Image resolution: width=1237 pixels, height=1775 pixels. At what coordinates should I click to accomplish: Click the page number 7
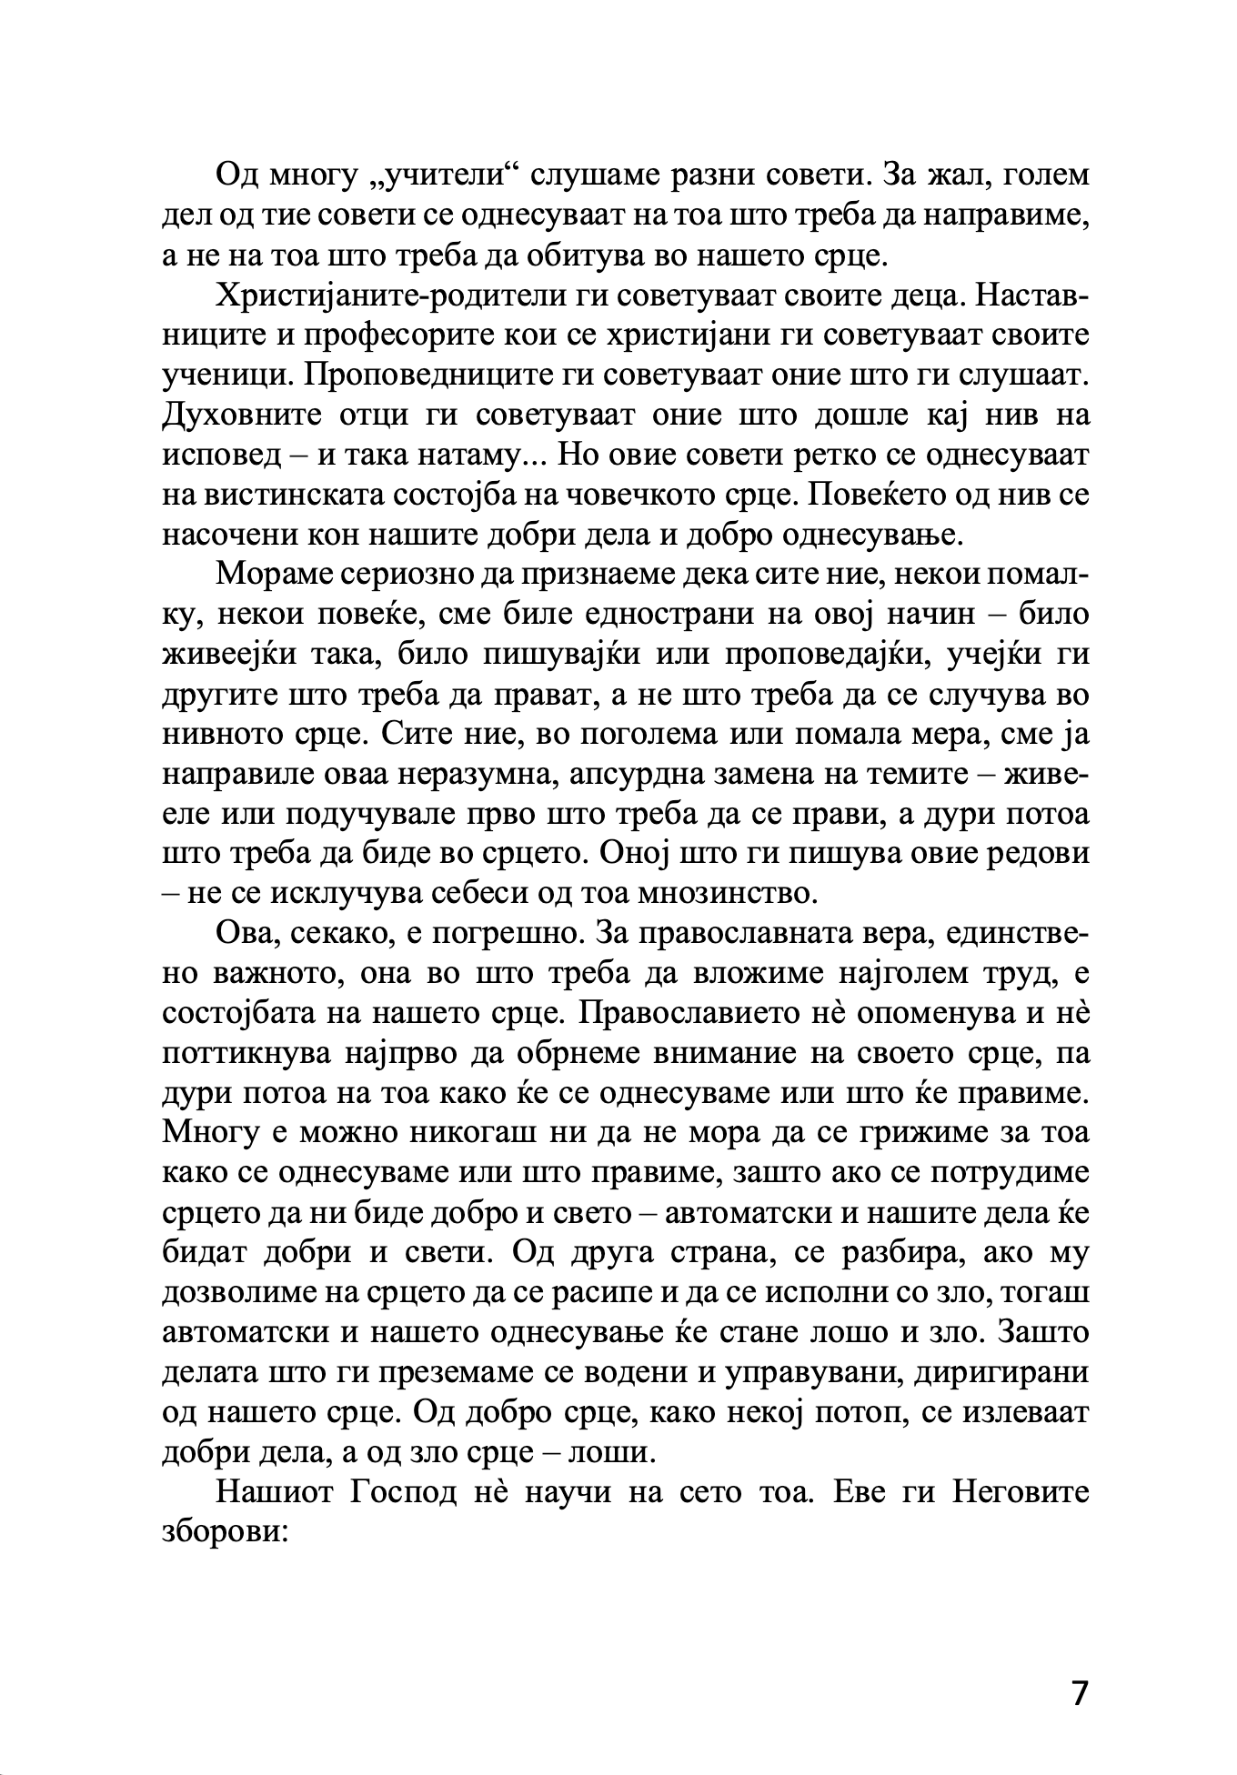point(1079,1694)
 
